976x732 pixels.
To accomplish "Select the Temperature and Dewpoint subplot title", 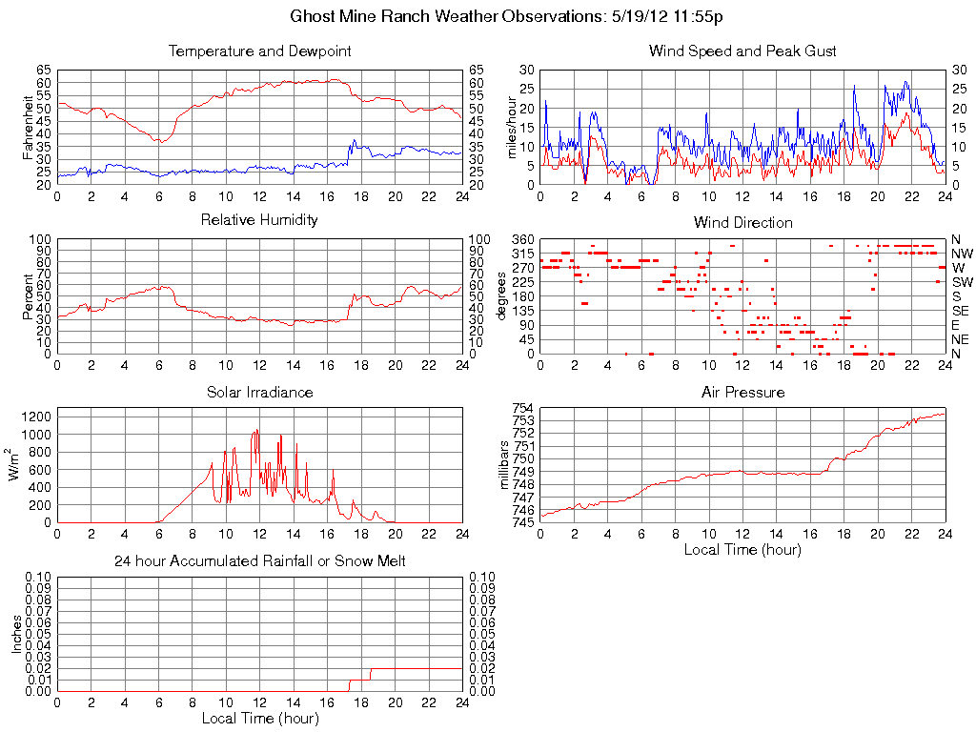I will pyautogui.click(x=259, y=51).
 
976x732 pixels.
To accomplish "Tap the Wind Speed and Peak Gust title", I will pyautogui.click(x=742, y=51).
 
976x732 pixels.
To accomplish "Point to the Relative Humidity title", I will pyautogui.click(x=259, y=220).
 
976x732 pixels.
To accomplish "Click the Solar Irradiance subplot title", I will pyautogui.click(x=259, y=392).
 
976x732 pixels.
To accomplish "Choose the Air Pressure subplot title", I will pyautogui.click(x=742, y=392).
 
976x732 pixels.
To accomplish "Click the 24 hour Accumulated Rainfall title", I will pyautogui.click(x=259, y=561).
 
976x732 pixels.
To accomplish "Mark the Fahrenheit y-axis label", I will pyautogui.click(x=28, y=127).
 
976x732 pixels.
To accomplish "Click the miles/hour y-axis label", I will pyautogui.click(x=511, y=127).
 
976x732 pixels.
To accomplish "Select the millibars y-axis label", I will pyautogui.click(x=506, y=465).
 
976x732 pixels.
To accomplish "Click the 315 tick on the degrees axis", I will pyautogui.click(x=524, y=254).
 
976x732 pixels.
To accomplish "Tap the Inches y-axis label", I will pyautogui.click(x=16, y=634).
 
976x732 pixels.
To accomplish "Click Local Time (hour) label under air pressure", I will pyautogui.click(x=742, y=549).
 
